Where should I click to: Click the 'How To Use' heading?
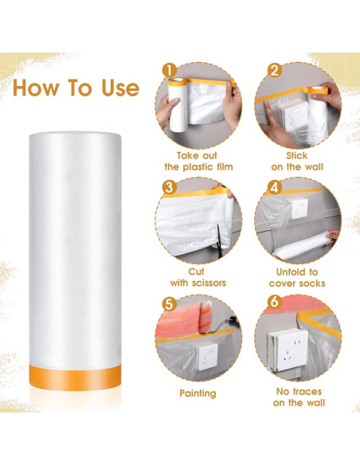(76, 88)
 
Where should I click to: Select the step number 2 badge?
(274, 70)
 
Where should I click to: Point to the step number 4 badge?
(274, 188)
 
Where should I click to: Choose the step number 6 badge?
(274, 304)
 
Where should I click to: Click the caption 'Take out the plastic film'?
(199, 162)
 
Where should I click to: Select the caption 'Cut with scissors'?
(199, 277)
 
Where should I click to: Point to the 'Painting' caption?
(199, 393)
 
